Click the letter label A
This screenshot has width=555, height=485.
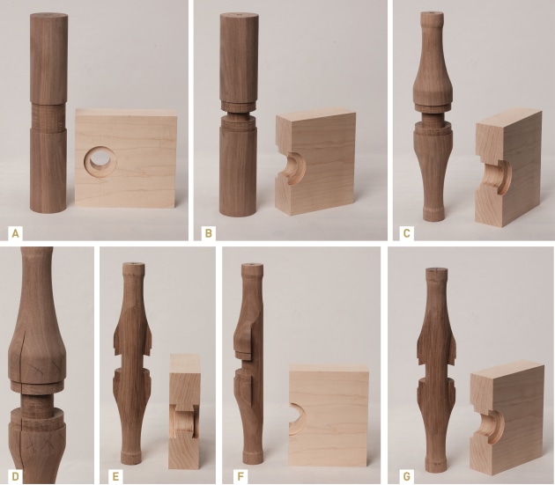[x=14, y=232]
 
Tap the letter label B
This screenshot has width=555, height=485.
[x=209, y=232]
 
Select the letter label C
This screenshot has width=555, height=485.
[x=404, y=232]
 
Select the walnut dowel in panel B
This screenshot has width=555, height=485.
[x=238, y=123]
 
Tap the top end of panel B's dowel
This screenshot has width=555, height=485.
[x=239, y=17]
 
